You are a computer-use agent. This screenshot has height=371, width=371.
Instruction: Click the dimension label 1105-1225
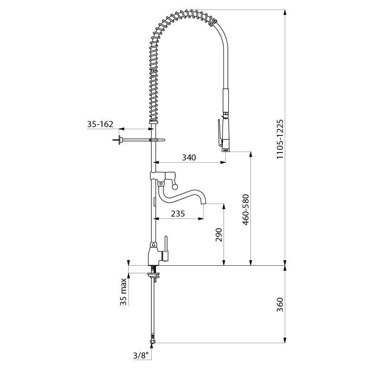(280, 139)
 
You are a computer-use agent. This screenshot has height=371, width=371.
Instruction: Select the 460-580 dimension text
(246, 210)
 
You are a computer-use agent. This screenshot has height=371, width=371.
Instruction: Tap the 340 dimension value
(189, 158)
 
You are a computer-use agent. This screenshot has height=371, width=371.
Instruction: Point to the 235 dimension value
(178, 214)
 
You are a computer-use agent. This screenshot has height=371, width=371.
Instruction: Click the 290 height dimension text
(219, 235)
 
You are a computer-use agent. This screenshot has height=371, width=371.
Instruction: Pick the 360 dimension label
(280, 304)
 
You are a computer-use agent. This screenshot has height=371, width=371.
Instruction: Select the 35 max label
(123, 292)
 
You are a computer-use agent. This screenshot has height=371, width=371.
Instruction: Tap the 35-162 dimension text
(100, 124)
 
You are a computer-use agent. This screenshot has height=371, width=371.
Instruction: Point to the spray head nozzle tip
(226, 149)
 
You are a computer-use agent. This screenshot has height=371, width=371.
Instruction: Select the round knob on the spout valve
(175, 186)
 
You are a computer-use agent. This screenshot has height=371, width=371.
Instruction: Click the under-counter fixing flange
(154, 275)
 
